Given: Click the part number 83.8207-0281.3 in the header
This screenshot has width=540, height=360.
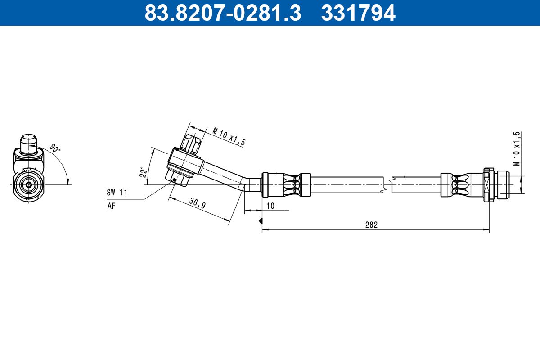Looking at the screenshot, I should pyautogui.click(x=222, y=13).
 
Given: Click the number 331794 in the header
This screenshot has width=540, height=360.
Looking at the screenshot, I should pyautogui.click(x=358, y=13).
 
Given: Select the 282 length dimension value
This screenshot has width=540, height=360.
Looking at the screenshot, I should pyautogui.click(x=371, y=225).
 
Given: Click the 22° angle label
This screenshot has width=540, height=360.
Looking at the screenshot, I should pyautogui.click(x=144, y=172).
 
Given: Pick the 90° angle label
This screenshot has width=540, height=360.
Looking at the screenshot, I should pyautogui.click(x=54, y=149).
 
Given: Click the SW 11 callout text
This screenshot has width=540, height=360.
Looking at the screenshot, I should pyautogui.click(x=117, y=193).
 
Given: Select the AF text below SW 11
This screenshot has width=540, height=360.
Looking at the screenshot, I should pyautogui.click(x=111, y=206).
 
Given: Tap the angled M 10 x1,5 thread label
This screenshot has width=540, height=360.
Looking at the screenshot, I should pyautogui.click(x=229, y=136).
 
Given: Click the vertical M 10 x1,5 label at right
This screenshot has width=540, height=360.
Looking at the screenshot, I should pyautogui.click(x=517, y=148).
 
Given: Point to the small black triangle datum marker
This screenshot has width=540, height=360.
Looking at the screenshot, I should pyautogui.click(x=260, y=221).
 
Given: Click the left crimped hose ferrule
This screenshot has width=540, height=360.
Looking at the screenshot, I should pyautogui.click(x=286, y=184).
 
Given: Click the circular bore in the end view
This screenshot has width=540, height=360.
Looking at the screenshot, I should pyautogui.click(x=29, y=184).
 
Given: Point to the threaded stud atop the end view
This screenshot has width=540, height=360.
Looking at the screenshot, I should pyautogui.click(x=29, y=143).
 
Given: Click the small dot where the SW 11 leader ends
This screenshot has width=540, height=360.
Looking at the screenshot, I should pyautogui.click(x=174, y=180).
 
